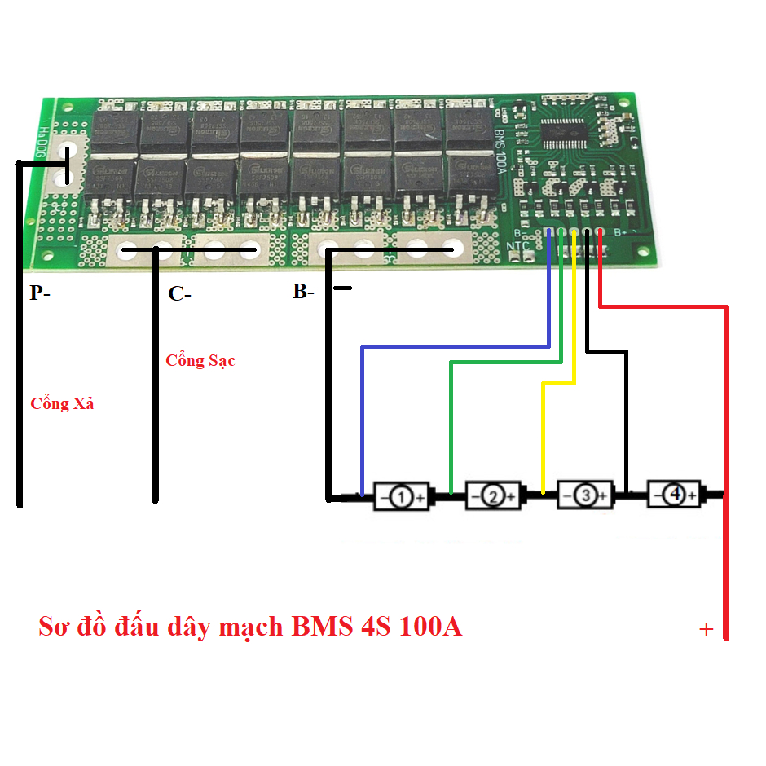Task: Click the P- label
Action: click(x=39, y=293)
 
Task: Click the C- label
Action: click(x=179, y=295)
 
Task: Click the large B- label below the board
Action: click(x=303, y=292)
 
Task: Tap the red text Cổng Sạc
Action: click(x=200, y=360)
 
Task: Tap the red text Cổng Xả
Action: click(x=62, y=403)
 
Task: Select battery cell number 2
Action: click(x=492, y=495)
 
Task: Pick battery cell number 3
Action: click(x=583, y=495)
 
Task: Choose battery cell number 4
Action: click(x=674, y=494)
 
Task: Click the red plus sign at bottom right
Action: click(x=706, y=630)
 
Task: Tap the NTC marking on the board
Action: click(x=518, y=247)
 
